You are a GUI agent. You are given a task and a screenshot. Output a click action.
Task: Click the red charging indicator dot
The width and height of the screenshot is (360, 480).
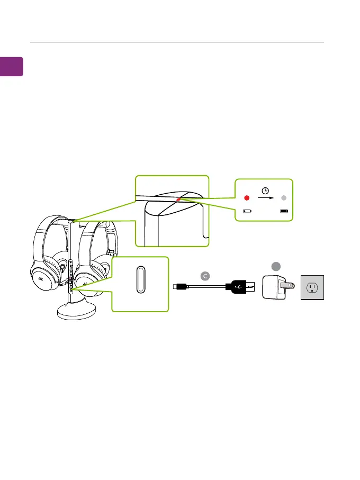pos(246,198)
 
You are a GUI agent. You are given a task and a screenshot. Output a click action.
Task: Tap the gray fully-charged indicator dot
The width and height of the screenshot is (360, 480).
pos(284,198)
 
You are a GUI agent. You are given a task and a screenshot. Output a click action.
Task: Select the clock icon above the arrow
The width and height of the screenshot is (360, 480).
pos(265,191)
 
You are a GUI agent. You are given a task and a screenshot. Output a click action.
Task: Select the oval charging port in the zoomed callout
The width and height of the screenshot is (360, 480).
pos(140,279)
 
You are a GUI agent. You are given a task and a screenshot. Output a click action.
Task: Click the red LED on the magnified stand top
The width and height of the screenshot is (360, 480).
pos(178,201)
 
